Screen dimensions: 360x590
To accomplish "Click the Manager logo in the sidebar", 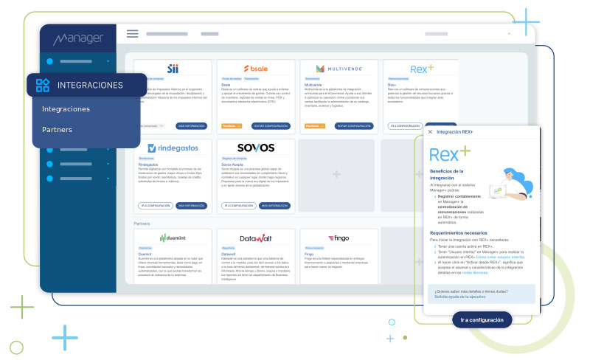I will [78, 38].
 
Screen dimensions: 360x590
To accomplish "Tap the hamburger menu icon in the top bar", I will [133, 34].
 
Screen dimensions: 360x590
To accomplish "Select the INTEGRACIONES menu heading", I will [90, 86].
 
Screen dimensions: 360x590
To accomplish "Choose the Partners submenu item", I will [57, 129].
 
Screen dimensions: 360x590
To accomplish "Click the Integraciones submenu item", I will [66, 109].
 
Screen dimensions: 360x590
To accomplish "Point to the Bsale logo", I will [255, 68].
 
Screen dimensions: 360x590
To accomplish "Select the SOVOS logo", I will [255, 148].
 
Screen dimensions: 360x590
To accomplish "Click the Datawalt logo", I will [255, 238].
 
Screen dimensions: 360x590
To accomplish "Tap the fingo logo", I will [339, 238].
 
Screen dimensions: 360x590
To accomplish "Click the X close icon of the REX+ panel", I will [430, 132].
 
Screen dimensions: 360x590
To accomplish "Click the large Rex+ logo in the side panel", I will [451, 154].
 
